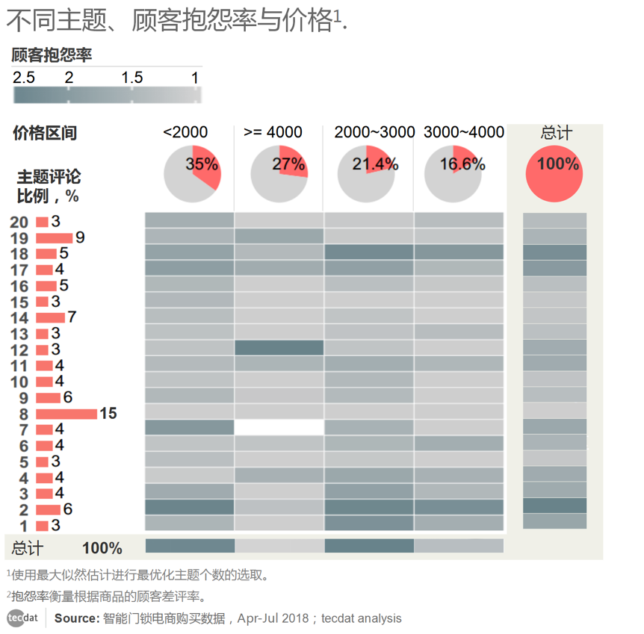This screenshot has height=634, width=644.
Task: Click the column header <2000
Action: click(x=185, y=132)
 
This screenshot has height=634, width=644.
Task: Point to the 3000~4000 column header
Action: click(x=463, y=132)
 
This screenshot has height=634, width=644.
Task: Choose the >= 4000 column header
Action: click(x=273, y=132)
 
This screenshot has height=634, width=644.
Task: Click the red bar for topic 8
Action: click(x=66, y=414)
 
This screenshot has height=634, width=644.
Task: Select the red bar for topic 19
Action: click(x=54, y=238)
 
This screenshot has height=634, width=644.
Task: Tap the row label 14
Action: click(x=19, y=318)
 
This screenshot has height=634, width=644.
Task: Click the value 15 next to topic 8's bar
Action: click(x=108, y=413)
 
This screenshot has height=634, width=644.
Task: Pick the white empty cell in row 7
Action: click(x=279, y=427)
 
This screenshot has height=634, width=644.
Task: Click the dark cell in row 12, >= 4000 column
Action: click(x=279, y=348)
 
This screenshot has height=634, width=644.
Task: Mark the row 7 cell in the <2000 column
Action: click(x=190, y=427)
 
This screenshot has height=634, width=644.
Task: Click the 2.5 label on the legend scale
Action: click(x=24, y=78)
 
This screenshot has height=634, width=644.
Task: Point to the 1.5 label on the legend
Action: click(x=131, y=78)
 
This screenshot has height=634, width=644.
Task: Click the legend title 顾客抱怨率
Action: click(x=52, y=55)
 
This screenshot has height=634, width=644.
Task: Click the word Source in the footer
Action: click(x=76, y=618)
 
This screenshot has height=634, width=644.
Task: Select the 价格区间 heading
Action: click(x=45, y=133)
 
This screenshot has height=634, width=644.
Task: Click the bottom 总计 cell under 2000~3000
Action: click(x=369, y=546)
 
